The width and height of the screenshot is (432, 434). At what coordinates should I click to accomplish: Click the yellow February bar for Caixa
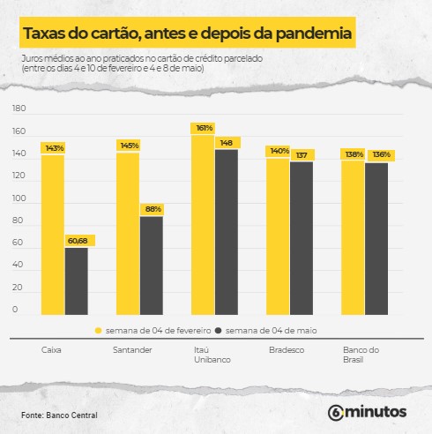tap(53, 234)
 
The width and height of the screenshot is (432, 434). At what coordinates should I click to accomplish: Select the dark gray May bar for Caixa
tap(77, 281)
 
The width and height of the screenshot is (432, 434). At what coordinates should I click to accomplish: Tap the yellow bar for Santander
tap(128, 233)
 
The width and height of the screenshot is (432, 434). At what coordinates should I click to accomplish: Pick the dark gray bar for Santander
tap(152, 265)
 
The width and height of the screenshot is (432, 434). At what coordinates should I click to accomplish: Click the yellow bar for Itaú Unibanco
tap(203, 225)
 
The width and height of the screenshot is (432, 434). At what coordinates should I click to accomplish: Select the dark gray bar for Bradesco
tap(302, 237)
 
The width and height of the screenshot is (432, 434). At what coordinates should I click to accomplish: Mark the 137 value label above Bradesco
tap(302, 154)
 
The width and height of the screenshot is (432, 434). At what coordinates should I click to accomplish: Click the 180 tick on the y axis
tap(20, 109)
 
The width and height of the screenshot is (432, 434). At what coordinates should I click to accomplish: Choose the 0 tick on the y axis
tap(15, 310)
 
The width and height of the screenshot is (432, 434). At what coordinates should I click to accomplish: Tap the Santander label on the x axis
tap(134, 350)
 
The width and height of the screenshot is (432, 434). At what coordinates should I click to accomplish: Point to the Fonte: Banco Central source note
tap(60, 415)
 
